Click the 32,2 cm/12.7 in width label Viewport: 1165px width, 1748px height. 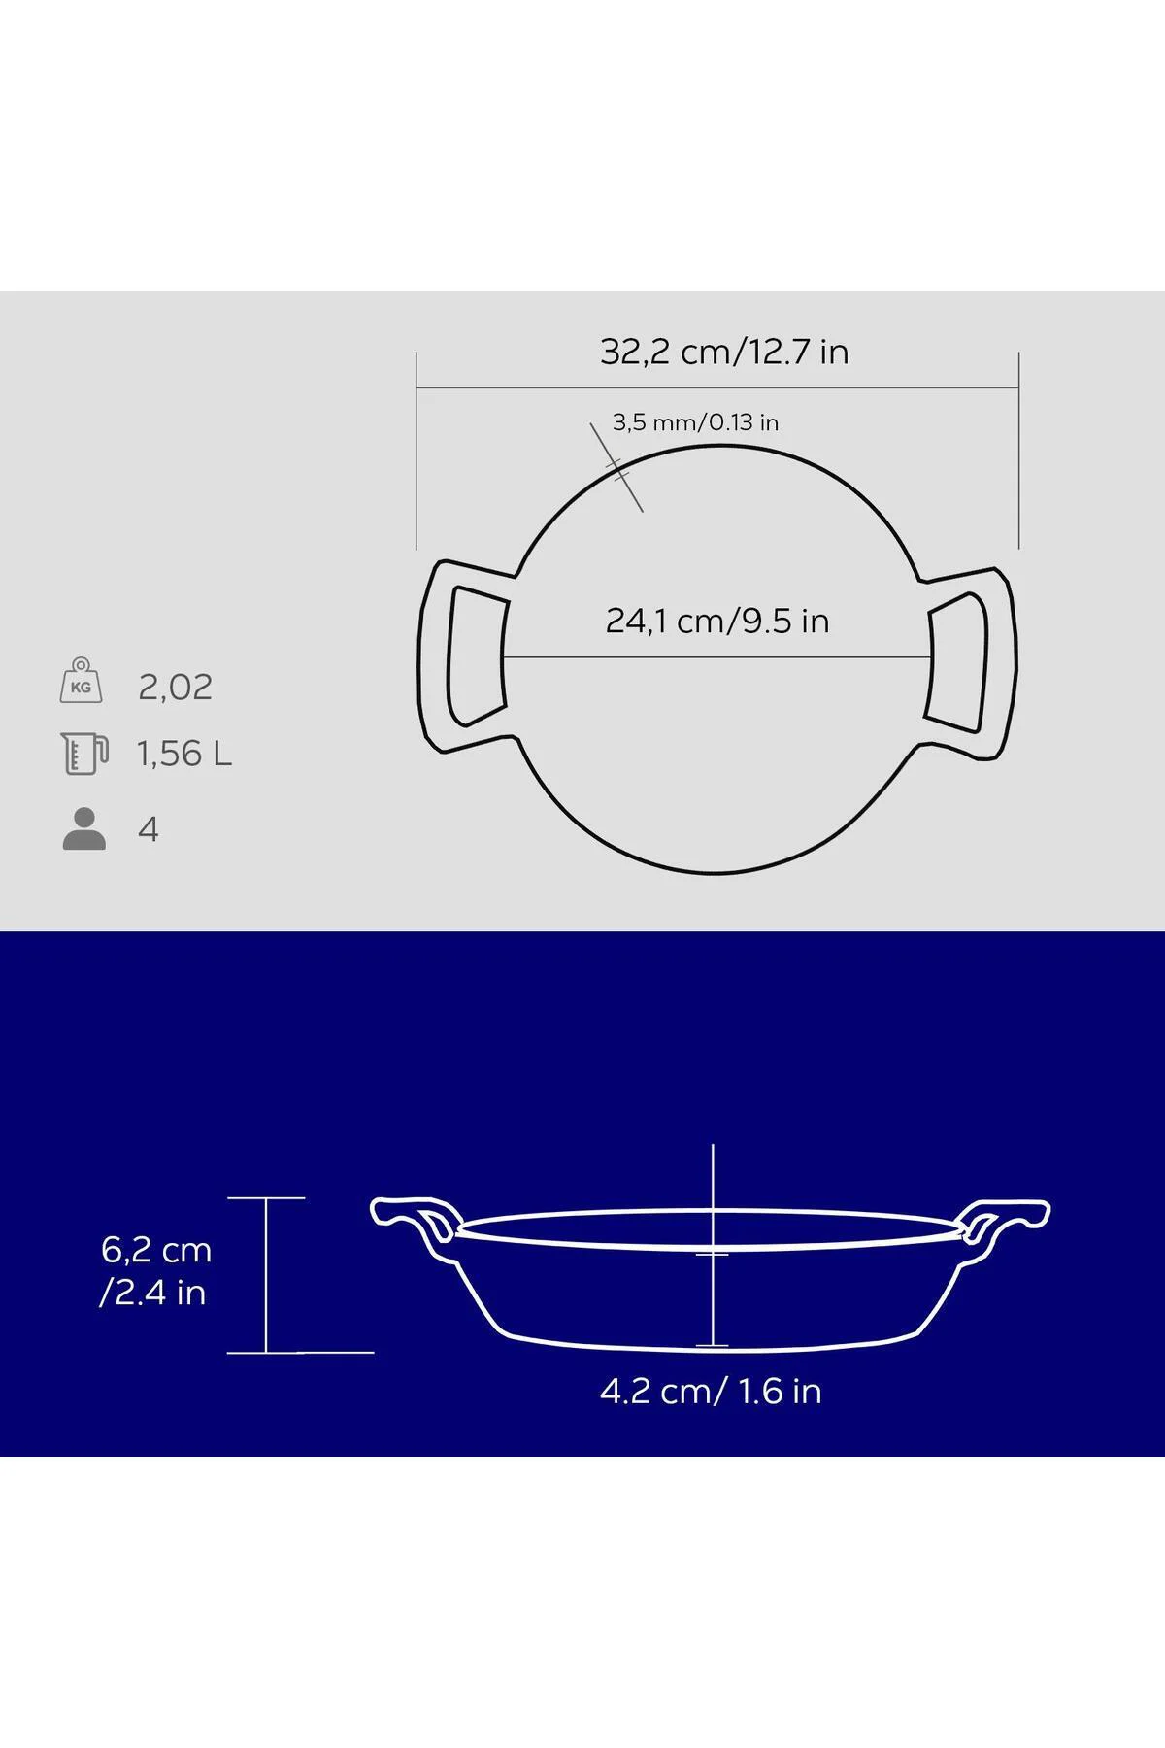pyautogui.click(x=724, y=352)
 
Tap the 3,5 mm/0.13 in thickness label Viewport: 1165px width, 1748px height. pyautogui.click(x=695, y=422)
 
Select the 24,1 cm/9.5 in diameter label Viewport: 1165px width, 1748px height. pyautogui.click(x=717, y=621)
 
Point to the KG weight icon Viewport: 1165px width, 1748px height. pyautogui.click(x=82, y=680)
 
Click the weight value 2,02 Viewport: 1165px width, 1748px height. pyautogui.click(x=175, y=688)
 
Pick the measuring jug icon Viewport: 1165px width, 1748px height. pyautogui.click(x=84, y=754)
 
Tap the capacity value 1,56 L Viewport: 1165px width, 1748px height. pyautogui.click(x=184, y=754)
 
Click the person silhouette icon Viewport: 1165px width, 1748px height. pyautogui.click(x=84, y=829)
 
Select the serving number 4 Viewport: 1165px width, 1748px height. pyautogui.click(x=149, y=829)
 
